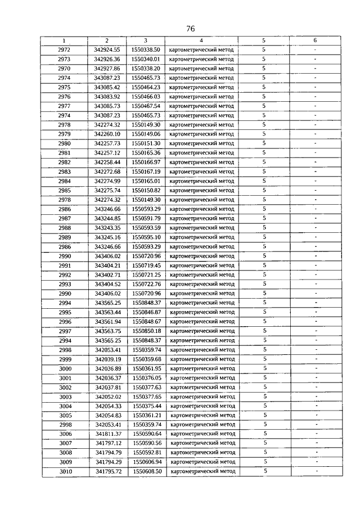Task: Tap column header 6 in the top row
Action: (x=315, y=40)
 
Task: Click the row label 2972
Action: (x=64, y=49)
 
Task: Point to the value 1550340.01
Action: (x=146, y=59)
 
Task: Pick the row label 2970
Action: (x=64, y=68)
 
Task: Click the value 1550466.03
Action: (x=146, y=96)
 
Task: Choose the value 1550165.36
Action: (x=146, y=152)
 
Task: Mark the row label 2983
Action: (x=64, y=172)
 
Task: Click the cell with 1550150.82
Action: (x=146, y=190)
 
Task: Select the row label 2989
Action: (x=64, y=237)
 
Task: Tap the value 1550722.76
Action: (x=146, y=284)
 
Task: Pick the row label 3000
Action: (x=65, y=368)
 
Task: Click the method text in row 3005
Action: (x=202, y=415)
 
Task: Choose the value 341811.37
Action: (x=107, y=434)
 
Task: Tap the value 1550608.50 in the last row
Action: (x=146, y=471)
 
